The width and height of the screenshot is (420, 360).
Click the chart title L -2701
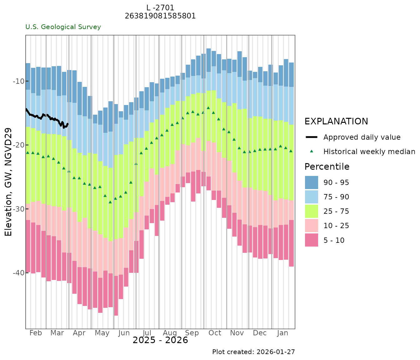coord(160,8)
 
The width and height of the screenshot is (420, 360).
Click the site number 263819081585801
coord(160,16)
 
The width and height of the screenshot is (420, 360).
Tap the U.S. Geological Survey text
coord(63,27)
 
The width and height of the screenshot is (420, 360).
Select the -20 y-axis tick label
coord(18,145)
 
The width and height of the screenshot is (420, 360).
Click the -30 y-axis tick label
coord(18,209)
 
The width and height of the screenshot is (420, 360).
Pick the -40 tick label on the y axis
coord(18,273)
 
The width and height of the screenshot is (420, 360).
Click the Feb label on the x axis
coord(36,333)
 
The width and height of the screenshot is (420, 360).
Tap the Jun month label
coord(124,333)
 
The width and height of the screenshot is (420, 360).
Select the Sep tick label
coord(192,333)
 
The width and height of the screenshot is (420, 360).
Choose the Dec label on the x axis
coord(260,333)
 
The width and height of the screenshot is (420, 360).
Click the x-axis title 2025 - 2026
coord(160,340)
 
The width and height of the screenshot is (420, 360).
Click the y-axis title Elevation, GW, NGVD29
coord(8,182)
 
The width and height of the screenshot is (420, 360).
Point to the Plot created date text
coord(253,352)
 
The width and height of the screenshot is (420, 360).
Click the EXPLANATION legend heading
coord(336,121)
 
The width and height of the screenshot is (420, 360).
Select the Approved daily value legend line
coord(311,137)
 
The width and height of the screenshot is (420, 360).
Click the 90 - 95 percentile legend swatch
coord(311,182)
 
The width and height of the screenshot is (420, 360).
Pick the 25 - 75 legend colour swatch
coord(311,211)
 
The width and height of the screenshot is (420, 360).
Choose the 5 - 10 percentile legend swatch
coord(311,240)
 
